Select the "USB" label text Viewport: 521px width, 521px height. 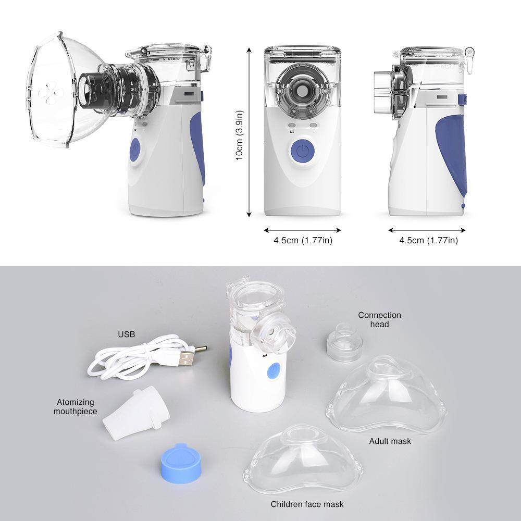[x=127, y=333]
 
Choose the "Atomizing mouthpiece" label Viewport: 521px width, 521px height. [x=76, y=406]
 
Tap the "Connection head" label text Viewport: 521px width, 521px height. [x=380, y=319]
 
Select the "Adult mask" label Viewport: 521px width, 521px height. [x=390, y=441]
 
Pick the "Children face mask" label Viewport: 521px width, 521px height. [x=307, y=504]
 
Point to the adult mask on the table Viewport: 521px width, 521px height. [x=388, y=396]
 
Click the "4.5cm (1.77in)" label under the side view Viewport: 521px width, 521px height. [x=428, y=241]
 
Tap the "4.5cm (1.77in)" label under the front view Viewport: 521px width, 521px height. [x=303, y=241]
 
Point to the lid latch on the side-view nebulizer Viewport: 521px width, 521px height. [x=470, y=54]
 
